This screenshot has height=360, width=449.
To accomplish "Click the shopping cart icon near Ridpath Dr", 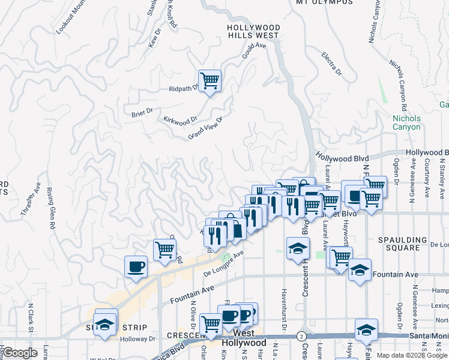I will click(x=209, y=80).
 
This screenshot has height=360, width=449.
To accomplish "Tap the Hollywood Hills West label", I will click(x=253, y=32).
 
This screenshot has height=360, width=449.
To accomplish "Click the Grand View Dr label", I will click(x=205, y=128).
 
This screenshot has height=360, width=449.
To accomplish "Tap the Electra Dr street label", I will click(x=331, y=64).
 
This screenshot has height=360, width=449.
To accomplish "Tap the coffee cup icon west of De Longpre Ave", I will click(x=136, y=266).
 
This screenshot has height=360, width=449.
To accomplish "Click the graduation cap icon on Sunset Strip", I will click(x=106, y=324).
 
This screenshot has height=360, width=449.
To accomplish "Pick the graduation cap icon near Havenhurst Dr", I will click(x=298, y=248).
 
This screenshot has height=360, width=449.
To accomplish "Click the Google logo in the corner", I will click(x=20, y=353).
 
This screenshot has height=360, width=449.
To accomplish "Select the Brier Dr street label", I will click(x=142, y=112).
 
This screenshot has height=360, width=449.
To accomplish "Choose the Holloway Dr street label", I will click(x=138, y=338).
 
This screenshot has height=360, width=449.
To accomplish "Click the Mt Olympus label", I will click(x=325, y=2).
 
